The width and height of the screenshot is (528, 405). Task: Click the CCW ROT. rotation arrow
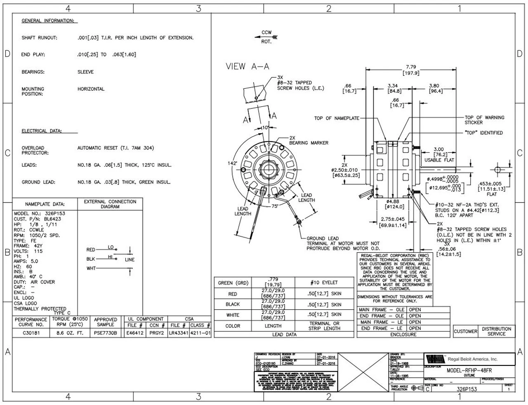[x=266, y=37]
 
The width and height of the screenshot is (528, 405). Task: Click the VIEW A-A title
[x=247, y=66]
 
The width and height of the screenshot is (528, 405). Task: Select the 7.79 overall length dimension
[x=410, y=67]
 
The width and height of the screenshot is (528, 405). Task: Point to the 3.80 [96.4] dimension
[x=436, y=88]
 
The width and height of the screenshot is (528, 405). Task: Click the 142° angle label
[x=232, y=163]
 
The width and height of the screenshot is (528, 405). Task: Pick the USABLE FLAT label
[x=438, y=160]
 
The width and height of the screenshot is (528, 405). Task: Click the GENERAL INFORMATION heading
[x=49, y=21]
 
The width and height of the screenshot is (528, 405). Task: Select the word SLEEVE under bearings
[x=85, y=72]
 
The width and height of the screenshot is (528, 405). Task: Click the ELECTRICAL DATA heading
[x=42, y=131]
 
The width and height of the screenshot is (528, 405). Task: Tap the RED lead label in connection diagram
[x=91, y=250]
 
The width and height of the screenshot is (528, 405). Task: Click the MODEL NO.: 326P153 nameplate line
[x=39, y=214]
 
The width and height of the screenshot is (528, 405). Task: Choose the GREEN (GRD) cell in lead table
[x=233, y=283]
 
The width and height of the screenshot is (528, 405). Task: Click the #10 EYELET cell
[x=324, y=283]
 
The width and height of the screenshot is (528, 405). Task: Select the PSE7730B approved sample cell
[x=105, y=332]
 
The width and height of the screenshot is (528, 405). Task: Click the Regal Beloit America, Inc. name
[x=472, y=359]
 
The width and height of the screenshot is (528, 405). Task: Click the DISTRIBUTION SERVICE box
[x=496, y=331]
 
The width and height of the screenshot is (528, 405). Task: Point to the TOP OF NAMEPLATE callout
[x=337, y=118]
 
